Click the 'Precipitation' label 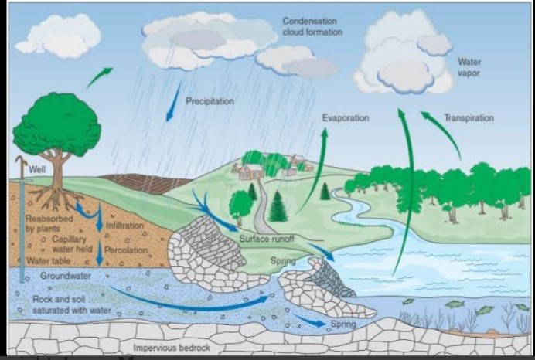coord(210,101)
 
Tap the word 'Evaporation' coord(345,118)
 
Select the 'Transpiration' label coord(469,118)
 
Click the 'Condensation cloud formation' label coord(309,26)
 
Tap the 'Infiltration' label coord(124,226)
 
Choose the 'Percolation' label coord(126,250)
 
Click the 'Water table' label coord(43,261)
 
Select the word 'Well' coord(37,170)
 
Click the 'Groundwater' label coord(65,275)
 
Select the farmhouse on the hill coord(250,171)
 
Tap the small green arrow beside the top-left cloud coord(98,76)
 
